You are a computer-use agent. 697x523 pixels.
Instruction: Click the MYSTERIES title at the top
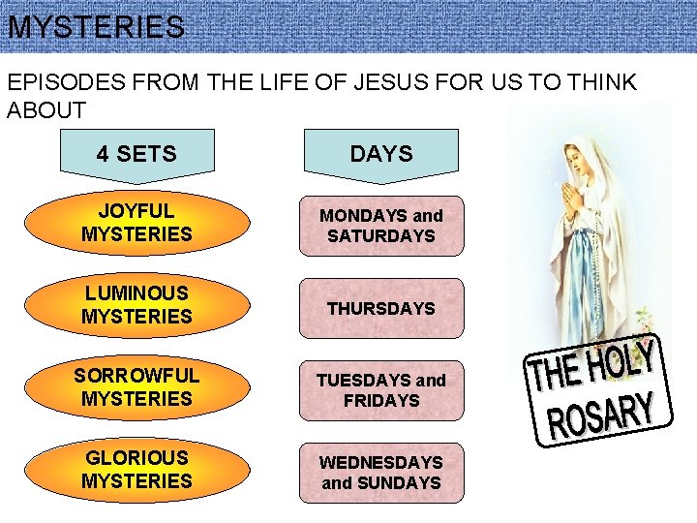[x=95, y=27]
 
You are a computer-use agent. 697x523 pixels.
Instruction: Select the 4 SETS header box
[x=136, y=153]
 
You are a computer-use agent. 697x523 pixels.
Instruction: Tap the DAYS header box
[x=380, y=153]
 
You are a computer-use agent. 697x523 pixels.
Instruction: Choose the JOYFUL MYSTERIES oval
[x=136, y=223]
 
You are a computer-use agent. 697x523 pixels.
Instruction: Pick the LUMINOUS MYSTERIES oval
[x=136, y=305]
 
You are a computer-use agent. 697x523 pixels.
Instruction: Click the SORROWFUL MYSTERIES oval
[x=136, y=387]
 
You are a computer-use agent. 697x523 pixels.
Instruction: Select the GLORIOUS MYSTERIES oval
[x=136, y=470]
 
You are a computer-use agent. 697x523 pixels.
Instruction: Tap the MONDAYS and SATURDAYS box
[x=380, y=226]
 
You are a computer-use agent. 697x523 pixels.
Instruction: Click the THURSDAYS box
[x=380, y=308]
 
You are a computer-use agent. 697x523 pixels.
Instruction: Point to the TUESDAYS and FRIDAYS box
[x=380, y=390]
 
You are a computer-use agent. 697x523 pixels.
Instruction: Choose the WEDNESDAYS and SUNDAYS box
[x=380, y=473]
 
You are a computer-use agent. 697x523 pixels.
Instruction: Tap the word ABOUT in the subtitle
[x=46, y=109]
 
